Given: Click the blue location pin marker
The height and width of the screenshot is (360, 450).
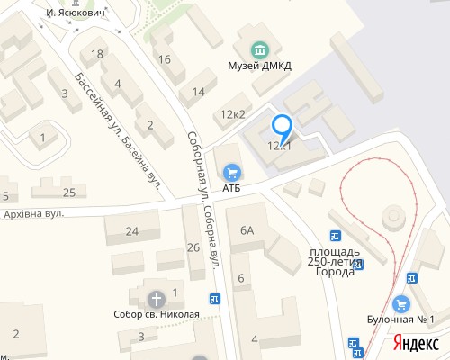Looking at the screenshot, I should point(283,129).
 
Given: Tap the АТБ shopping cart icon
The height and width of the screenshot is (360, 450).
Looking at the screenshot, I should point(232,170).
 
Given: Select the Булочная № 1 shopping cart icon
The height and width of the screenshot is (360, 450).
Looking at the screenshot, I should point(401,303).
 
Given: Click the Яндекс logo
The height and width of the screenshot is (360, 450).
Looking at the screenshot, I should point(415,342).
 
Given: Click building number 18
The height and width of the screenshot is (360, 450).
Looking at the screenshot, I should point(98,55).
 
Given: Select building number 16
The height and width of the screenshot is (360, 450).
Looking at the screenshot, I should point(164,59).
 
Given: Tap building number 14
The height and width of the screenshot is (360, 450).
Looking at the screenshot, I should point(198,92).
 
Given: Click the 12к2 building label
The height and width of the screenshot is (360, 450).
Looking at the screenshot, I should point(233,114).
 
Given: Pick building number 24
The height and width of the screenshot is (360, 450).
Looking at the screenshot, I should point(131,231).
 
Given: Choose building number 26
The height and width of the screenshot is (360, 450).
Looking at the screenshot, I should point(193,247).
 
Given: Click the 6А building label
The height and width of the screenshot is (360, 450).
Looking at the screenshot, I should point(247,230).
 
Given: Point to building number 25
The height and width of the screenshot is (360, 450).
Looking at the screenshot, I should point(69,192).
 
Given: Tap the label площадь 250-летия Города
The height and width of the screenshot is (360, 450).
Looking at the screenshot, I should point(334,256).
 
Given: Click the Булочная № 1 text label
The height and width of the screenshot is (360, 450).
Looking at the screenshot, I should point(401,319).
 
